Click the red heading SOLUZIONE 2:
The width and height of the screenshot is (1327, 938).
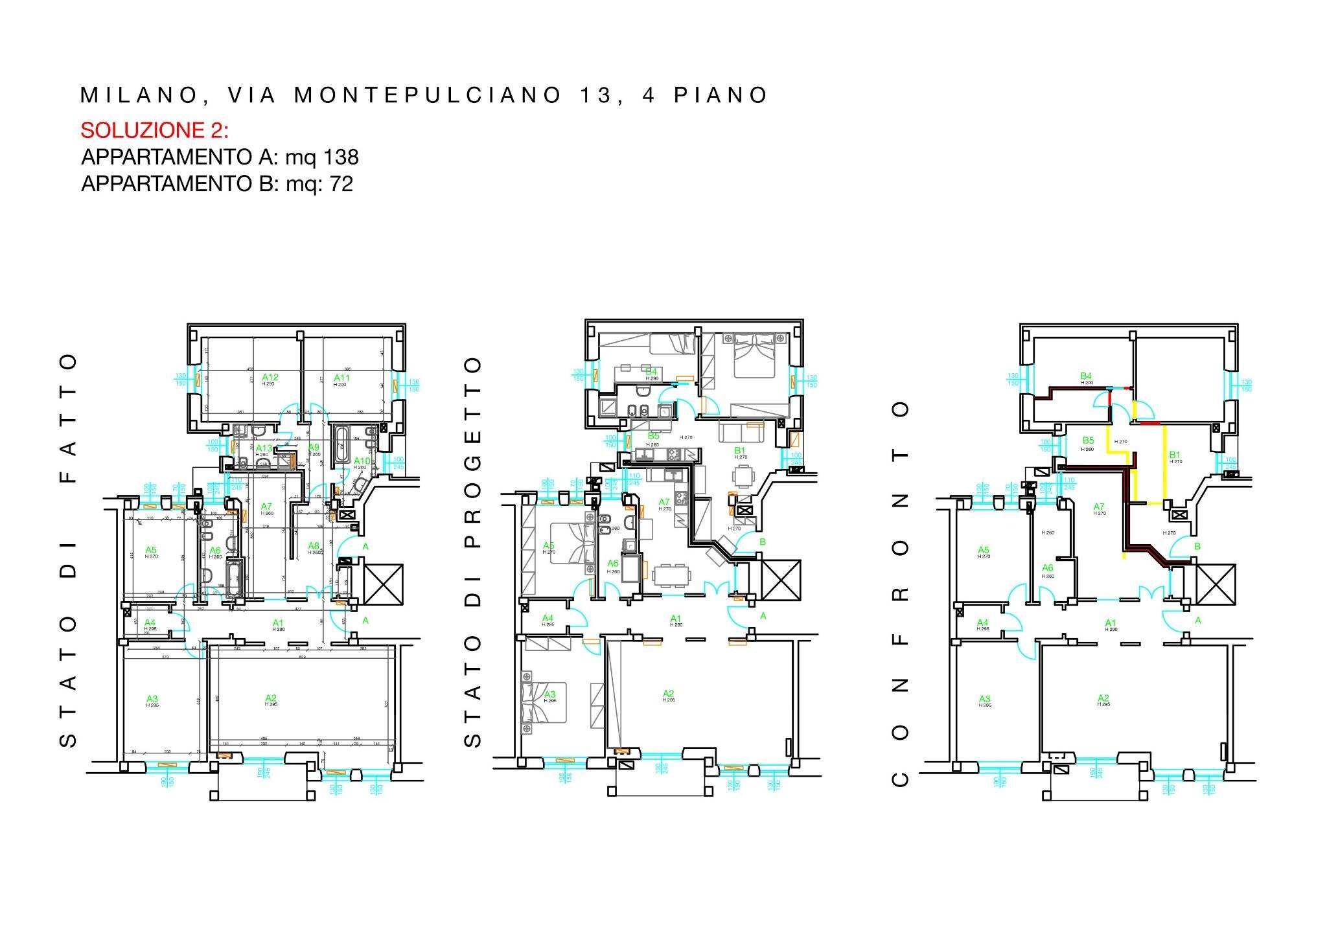point(154,130)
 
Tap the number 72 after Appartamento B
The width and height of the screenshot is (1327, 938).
point(341,184)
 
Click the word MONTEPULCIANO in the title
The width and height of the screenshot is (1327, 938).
point(428,95)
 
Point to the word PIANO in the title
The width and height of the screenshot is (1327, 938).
point(721,95)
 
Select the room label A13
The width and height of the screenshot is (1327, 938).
point(264,448)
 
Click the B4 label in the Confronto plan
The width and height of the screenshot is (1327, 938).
point(1086,376)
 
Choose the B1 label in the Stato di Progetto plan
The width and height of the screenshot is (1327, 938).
point(740,450)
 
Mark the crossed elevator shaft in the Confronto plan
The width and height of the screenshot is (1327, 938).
point(1216,583)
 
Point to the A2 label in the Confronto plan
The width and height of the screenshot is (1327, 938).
point(1103,698)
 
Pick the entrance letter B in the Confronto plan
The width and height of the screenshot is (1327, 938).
point(1197,546)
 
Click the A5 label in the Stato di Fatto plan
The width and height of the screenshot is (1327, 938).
point(151,550)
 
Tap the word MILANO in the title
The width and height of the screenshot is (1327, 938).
point(138,95)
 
